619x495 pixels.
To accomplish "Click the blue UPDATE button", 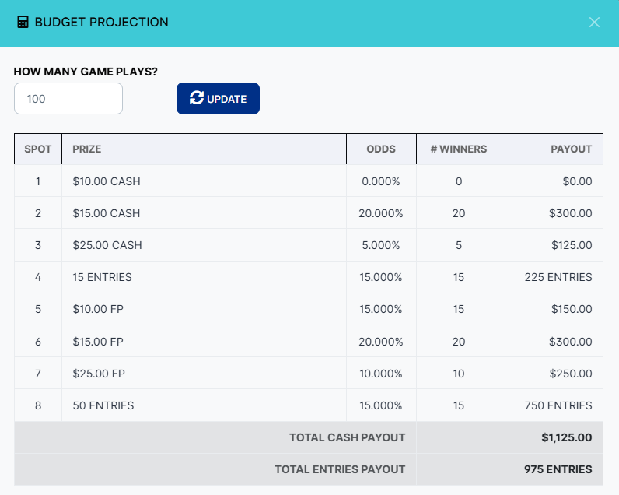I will [218, 99].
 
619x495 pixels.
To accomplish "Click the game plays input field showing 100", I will [68, 99].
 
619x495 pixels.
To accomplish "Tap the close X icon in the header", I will [594, 23].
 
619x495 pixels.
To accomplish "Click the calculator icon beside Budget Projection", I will [23, 23].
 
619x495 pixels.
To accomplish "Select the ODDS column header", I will [381, 149].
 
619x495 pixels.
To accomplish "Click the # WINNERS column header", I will [459, 149].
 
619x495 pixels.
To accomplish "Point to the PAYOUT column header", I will [571, 149].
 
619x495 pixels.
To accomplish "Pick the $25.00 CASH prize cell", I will [107, 245].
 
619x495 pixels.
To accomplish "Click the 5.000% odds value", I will [381, 245].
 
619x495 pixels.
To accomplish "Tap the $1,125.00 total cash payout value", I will [566, 437].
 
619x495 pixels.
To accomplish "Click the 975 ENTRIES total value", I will [558, 469].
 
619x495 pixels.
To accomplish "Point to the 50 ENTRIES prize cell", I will [103, 405].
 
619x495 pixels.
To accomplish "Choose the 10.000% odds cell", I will [381, 374].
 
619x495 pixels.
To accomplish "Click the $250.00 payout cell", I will [570, 374].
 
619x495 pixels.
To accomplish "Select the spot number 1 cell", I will [38, 181].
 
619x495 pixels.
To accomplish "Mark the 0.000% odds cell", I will [381, 181].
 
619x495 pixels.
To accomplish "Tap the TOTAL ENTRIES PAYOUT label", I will [340, 469].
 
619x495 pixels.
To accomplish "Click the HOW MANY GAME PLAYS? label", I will [86, 72].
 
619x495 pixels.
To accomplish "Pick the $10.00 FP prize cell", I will [98, 309].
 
